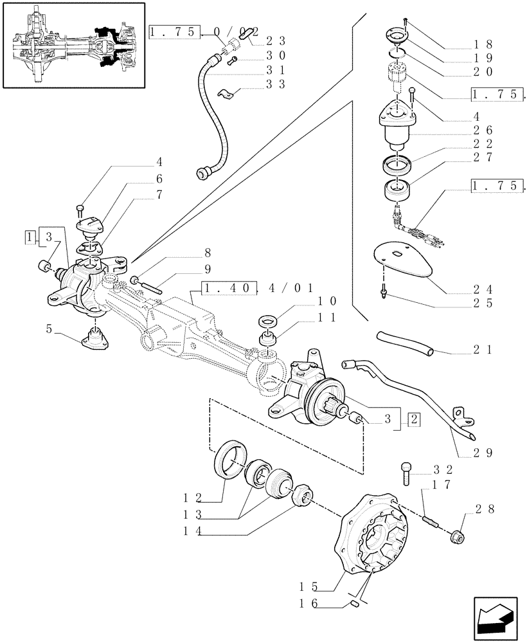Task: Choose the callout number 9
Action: point(207,269)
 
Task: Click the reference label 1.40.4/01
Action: point(258,289)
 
